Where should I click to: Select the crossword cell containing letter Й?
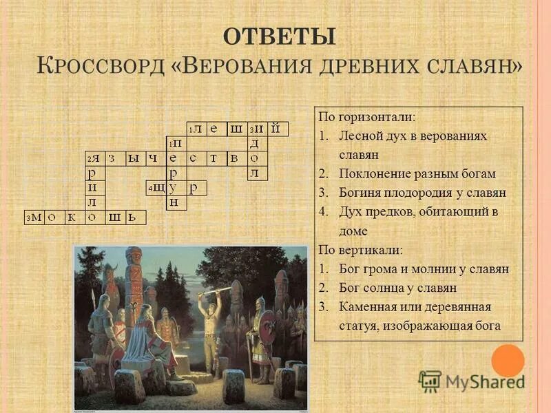[275, 129]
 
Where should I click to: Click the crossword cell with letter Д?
[255, 143]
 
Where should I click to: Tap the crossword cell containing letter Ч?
[154, 158]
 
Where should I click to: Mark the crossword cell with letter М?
[35, 218]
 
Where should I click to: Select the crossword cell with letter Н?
[174, 202]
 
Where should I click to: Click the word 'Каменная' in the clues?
[366, 306]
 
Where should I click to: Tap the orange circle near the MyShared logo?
[508, 360]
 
